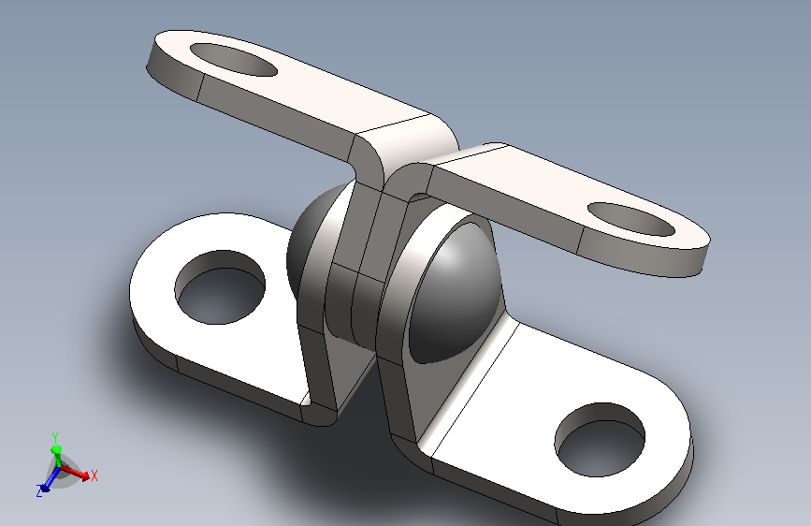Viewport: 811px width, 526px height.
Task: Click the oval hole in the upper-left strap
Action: pos(234,60)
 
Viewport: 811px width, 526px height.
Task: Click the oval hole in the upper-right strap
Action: pos(631,219)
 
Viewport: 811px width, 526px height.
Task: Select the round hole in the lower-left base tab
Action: pos(221,287)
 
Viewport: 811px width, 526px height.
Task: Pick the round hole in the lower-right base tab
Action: pos(600,440)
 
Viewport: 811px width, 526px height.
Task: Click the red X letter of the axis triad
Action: pos(94,475)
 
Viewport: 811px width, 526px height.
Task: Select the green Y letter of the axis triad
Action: pos(55,437)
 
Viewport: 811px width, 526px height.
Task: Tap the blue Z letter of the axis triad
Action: pos(39,491)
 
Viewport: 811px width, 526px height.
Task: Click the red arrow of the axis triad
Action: pos(75,473)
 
